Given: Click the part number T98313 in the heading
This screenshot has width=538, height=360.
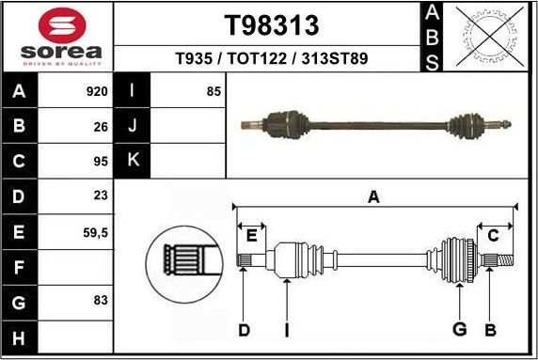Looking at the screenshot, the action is click(272, 24).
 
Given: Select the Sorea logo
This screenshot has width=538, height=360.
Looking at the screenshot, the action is click(58, 37).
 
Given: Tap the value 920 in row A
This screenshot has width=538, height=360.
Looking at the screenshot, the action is click(96, 92).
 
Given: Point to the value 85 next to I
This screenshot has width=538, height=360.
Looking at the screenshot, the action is click(213, 92).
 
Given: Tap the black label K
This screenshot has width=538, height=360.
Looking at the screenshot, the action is click(133, 161).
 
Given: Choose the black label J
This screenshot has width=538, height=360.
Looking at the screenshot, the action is click(133, 126).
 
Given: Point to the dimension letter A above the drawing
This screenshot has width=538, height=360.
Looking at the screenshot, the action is click(373, 197).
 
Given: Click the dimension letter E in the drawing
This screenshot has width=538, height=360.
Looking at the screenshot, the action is click(251, 235).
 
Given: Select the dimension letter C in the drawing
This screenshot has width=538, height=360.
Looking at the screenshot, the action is click(492, 235).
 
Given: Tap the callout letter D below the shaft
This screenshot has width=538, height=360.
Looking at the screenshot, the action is click(244, 329).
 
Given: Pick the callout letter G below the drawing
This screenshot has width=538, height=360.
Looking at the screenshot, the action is click(459, 329).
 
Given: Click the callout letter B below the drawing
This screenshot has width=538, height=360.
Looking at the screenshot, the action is click(490, 329).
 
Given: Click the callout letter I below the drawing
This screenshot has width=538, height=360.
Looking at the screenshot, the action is click(286, 329).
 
